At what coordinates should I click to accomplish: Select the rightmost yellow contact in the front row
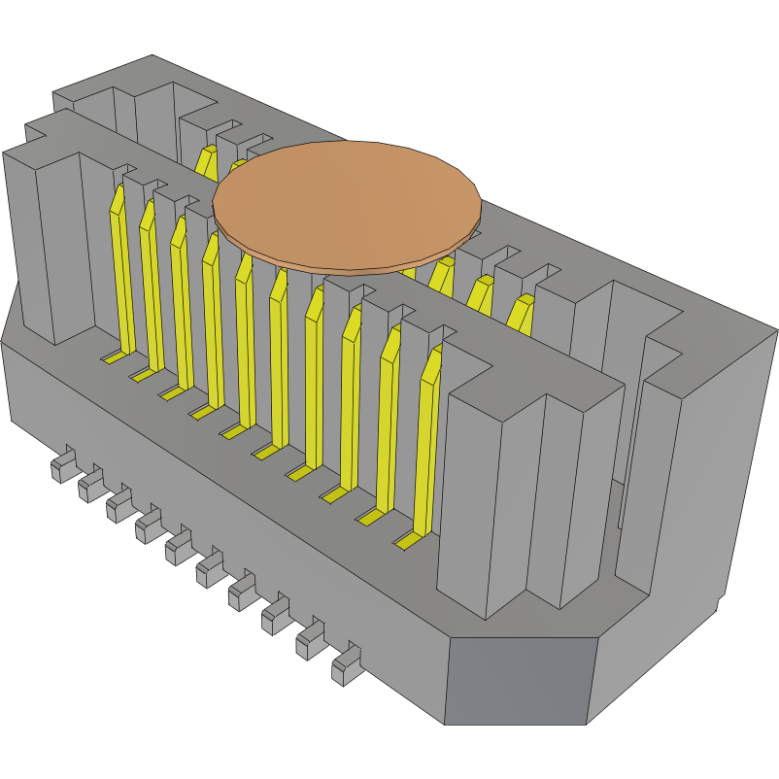click(x=425, y=447)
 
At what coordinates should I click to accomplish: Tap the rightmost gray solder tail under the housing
click(x=345, y=664)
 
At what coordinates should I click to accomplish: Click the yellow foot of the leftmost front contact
click(x=114, y=357)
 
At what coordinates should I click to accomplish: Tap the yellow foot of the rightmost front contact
click(x=406, y=539)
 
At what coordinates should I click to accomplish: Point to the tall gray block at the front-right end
click(x=529, y=495)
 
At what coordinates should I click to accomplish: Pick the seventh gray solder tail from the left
click(x=241, y=592)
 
